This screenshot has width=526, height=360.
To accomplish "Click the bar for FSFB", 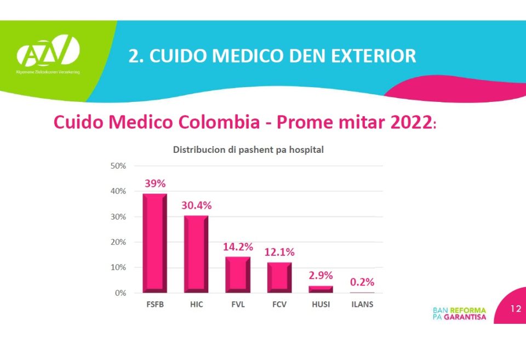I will pyautogui.click(x=155, y=243).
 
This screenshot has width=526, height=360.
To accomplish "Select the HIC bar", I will pyautogui.click(x=196, y=254).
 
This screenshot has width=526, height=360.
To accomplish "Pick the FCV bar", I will pyautogui.click(x=279, y=277).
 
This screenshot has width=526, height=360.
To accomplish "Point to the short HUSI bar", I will pyautogui.click(x=321, y=289).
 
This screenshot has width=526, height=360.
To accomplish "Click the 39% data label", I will pyautogui.click(x=155, y=184).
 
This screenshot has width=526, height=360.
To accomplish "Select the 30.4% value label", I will pyautogui.click(x=197, y=206).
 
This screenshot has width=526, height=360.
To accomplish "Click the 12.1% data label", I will pyautogui.click(x=280, y=253).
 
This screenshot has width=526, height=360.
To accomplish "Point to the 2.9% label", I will pyautogui.click(x=321, y=276).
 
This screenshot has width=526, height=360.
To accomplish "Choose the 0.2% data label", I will pyautogui.click(x=362, y=283).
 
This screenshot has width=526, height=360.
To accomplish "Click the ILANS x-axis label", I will pyautogui.click(x=362, y=304).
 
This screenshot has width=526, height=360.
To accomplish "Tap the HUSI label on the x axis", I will pyautogui.click(x=321, y=304).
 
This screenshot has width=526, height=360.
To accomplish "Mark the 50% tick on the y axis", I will pyautogui.click(x=118, y=165).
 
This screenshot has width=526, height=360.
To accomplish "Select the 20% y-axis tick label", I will pyautogui.click(x=118, y=242).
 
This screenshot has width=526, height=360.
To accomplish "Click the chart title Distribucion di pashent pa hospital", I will pyautogui.click(x=248, y=150).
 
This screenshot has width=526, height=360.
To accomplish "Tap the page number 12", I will pyautogui.click(x=515, y=309).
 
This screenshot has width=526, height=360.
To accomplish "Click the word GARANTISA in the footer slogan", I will pyautogui.click(x=465, y=317).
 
